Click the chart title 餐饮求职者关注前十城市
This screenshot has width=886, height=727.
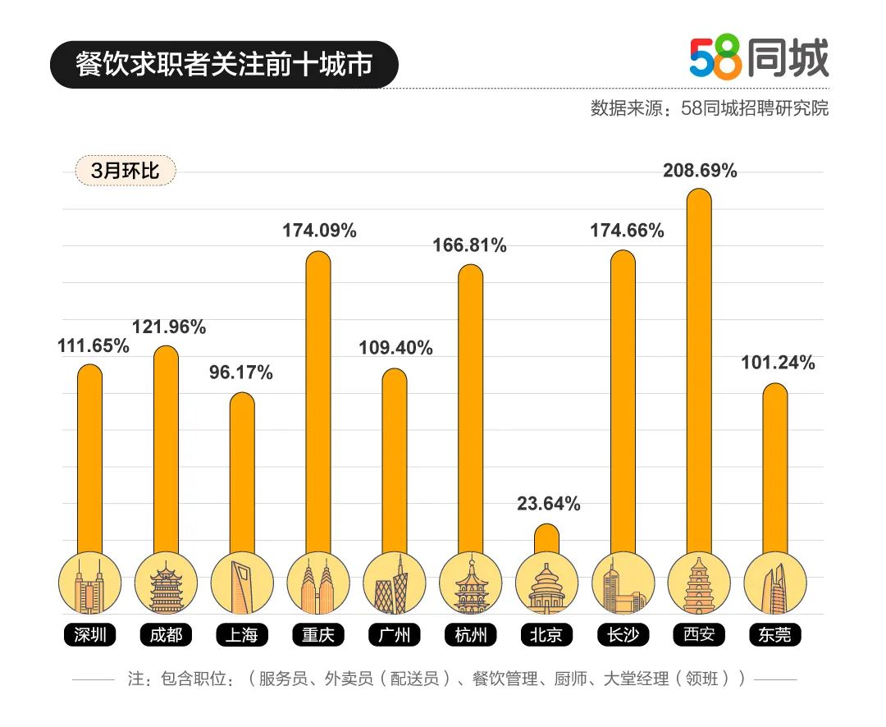pyautogui.click(x=224, y=65)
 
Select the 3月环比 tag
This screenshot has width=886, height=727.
pyautogui.click(x=125, y=171)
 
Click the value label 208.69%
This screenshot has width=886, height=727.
pyautogui.click(x=700, y=171)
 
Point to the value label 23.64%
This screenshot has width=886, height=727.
pyautogui.click(x=548, y=504)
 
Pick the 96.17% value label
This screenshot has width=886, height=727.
pyautogui.click(x=240, y=373)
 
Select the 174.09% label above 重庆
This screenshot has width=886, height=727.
pyautogui.click(x=319, y=231)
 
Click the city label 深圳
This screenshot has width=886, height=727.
pyautogui.click(x=89, y=634)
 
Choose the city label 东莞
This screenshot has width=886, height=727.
pyautogui.click(x=774, y=634)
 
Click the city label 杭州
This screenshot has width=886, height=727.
pyautogui.click(x=470, y=634)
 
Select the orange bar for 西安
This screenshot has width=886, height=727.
pyautogui.click(x=698, y=369)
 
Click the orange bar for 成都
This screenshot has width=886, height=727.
pyautogui.click(x=167, y=451)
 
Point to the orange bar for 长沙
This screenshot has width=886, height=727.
pyautogui.click(x=623, y=402)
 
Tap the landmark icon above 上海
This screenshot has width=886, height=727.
pyautogui.click(x=242, y=583)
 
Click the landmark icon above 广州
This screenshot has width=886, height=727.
pyautogui.click(x=395, y=583)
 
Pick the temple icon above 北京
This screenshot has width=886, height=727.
pyautogui.click(x=546, y=583)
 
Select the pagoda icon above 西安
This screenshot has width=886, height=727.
pyautogui.click(x=699, y=583)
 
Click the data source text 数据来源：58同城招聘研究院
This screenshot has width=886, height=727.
pyautogui.click(x=709, y=108)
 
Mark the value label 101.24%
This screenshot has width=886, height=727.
pyautogui.click(x=777, y=363)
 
